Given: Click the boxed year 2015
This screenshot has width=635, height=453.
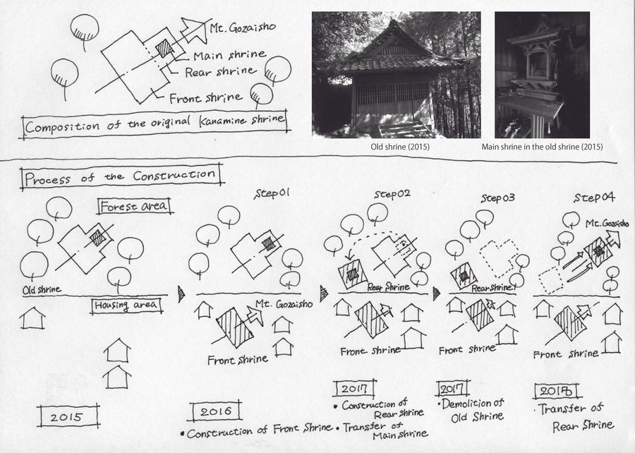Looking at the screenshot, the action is point(68,416).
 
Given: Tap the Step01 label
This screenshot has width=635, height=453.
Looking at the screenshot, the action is point(272,193).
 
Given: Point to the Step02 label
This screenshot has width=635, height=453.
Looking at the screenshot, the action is point(392,194).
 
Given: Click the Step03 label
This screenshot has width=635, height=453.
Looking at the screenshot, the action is point(497,198).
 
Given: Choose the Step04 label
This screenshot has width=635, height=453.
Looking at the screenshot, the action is point(594,198).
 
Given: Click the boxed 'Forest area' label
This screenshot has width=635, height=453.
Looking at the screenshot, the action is point(134,207).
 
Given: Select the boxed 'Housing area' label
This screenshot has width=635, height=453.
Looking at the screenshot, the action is point(126,306).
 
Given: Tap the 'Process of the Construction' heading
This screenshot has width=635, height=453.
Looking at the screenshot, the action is point(121,176).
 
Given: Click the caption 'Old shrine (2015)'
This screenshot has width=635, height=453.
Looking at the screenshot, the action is point(400,147).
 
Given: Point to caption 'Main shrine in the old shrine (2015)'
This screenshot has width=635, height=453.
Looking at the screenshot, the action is point(542,147).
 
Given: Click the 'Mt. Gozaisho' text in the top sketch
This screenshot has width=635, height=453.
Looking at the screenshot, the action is point(243,28).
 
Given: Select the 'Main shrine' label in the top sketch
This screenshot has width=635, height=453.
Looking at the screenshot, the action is point(229,55).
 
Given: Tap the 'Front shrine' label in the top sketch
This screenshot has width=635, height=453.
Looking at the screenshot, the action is point(206,98).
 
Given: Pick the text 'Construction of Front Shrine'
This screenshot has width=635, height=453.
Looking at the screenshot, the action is point(257,430).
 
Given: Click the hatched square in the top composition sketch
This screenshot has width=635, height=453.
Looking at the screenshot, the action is point(164,49).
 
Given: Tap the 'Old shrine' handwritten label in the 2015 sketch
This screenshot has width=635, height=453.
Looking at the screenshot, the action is point(42,289).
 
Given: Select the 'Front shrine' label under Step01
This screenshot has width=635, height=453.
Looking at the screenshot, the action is point(238,359).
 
